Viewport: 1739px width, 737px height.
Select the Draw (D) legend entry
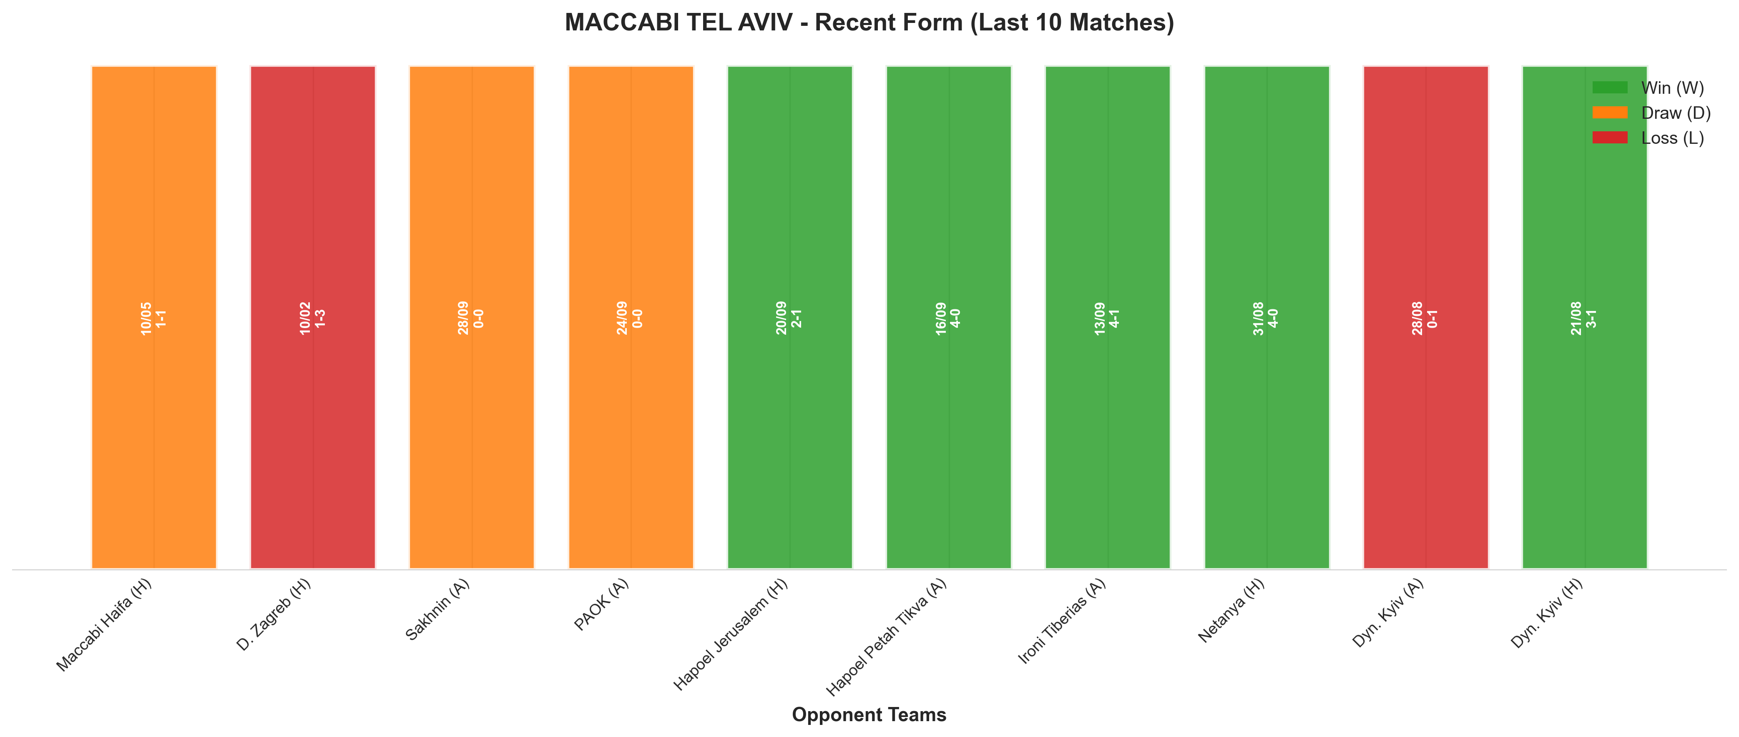click(1651, 113)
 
